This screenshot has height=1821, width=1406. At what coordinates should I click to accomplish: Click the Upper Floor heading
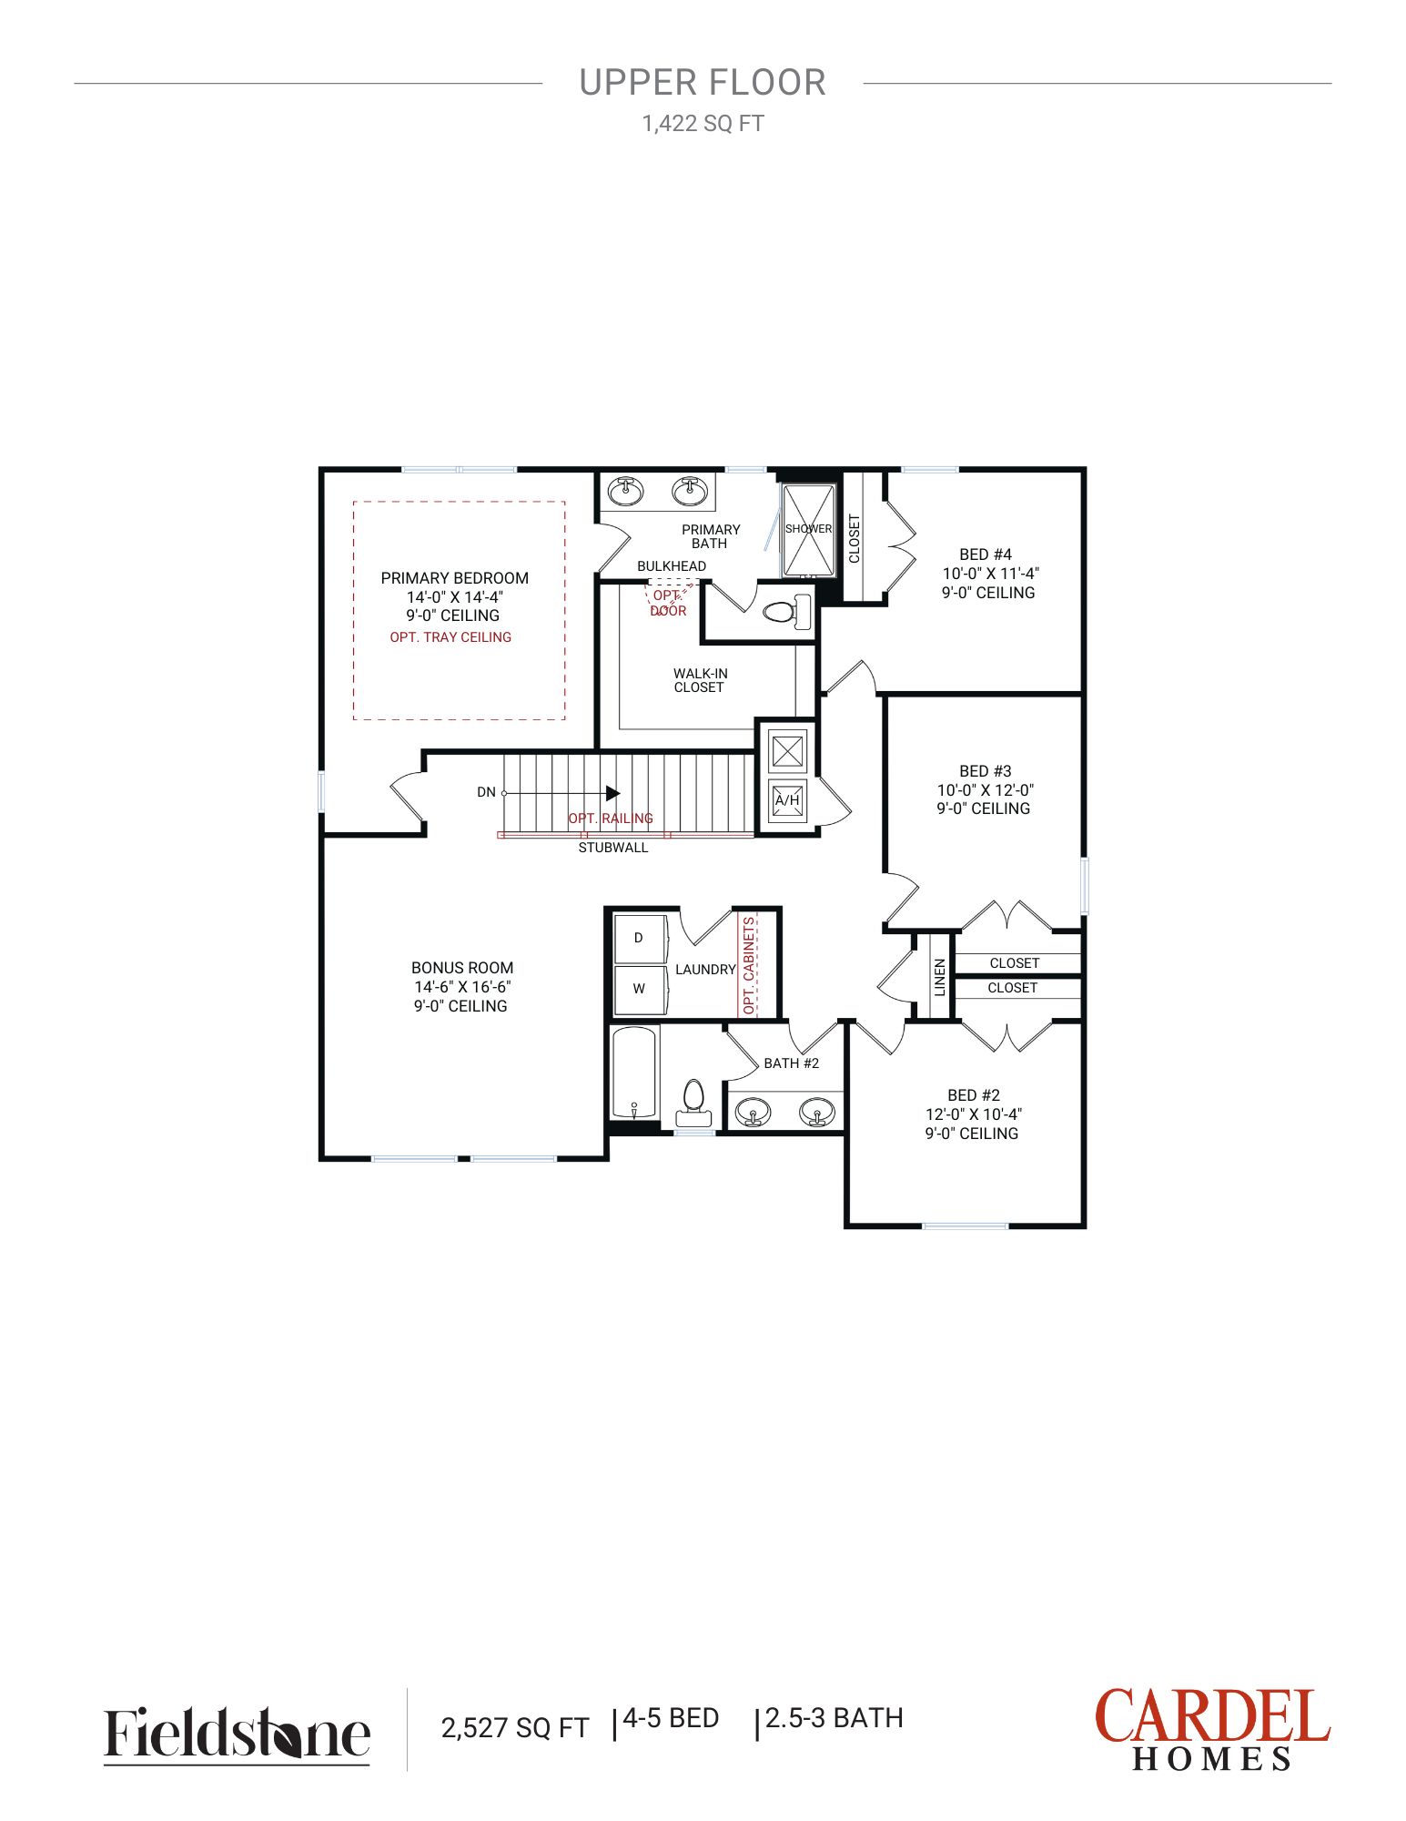coord(703,83)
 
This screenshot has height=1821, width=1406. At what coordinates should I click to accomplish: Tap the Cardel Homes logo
coord(1212,1728)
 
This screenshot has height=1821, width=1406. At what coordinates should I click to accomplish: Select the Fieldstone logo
coord(237,1734)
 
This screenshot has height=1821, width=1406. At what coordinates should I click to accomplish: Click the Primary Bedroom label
coord(454,578)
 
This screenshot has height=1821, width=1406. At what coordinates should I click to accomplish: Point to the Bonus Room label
coord(462,968)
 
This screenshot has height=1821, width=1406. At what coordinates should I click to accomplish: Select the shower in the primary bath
coord(808,530)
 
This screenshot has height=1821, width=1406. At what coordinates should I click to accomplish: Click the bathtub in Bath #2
coord(633,1073)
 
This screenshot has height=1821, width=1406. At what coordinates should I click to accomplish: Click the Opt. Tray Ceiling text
coord(450,637)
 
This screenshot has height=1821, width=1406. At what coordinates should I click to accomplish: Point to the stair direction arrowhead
coord(612,793)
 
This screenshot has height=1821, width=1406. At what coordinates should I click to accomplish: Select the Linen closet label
coord(940,976)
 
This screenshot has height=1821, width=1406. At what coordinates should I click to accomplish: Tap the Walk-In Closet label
coord(700,680)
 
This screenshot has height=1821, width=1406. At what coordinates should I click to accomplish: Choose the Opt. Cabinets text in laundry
coord(749,965)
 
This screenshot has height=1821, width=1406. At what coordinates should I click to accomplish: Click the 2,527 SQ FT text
coord(515,1727)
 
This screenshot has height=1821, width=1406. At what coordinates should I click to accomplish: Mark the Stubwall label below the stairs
coord(613,848)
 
